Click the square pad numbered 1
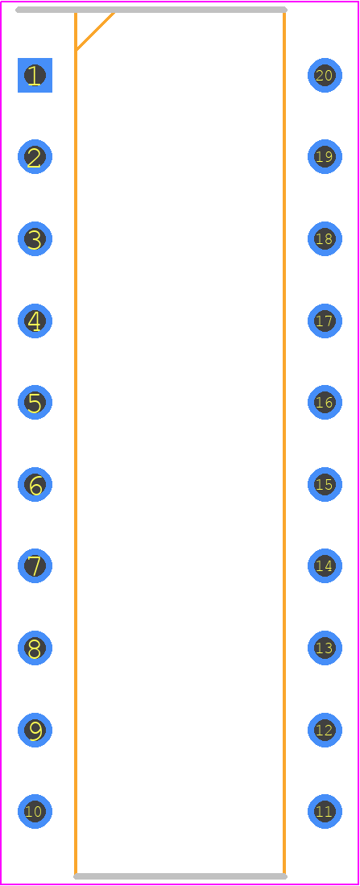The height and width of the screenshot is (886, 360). point(35,75)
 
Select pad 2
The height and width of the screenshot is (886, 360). point(35,156)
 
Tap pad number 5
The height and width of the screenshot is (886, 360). point(35,402)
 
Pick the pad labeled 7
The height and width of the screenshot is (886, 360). point(35,565)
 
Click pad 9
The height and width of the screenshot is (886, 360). point(35,730)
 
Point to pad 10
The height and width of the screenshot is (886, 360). point(35,811)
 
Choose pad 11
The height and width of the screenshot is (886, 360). point(325,811)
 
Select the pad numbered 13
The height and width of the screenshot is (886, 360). point(325,648)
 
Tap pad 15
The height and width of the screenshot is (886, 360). point(325,484)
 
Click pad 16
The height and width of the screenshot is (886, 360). point(325,402)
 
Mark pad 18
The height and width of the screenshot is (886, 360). point(325,238)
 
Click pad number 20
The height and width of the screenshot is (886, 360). point(325,75)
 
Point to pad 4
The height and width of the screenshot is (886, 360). point(35,321)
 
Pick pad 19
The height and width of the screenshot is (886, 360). point(325,156)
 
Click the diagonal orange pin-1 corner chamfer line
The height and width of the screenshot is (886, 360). point(96,31)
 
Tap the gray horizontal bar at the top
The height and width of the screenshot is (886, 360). point(151,10)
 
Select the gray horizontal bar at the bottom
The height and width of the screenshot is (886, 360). point(180,876)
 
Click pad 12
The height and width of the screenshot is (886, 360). point(325,730)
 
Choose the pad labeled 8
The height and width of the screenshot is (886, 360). point(35,648)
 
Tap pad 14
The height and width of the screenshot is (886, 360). point(325,565)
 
